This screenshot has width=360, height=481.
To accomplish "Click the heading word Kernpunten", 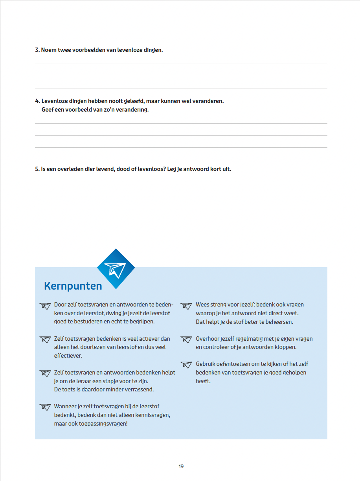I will tap(73, 286).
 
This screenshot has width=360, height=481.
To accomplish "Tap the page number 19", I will tap(181, 466).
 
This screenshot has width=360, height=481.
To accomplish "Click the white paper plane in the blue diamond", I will tap(116, 269).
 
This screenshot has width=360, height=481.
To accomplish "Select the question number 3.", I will tap(37, 50).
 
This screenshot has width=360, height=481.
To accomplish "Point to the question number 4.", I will tap(37, 101).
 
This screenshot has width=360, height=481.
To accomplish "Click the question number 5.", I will tap(37, 169).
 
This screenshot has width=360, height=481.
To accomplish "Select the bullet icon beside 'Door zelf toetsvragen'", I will tap(45, 305).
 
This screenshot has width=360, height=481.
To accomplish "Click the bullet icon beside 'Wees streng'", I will tap(186, 305).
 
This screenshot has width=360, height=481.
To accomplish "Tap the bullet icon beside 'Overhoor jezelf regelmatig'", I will tap(186, 339).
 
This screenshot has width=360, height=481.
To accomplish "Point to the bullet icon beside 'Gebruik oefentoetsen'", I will tap(186, 365).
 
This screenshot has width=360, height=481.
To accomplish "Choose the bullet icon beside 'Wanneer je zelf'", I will tap(45, 407).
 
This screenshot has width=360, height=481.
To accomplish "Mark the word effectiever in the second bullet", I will tap(68, 356).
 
